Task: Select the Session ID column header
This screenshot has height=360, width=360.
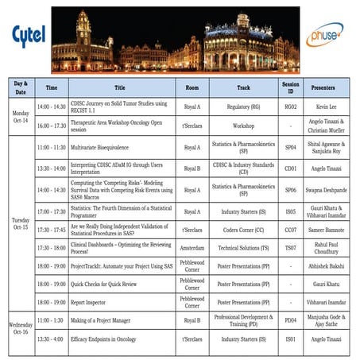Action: pyautogui.click(x=290, y=87)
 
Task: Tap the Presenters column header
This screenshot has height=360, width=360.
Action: pyautogui.click(x=326, y=87)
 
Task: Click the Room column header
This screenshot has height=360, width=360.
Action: pyautogui.click(x=192, y=87)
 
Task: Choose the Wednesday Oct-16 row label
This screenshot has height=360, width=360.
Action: pyautogui.click(x=19, y=328)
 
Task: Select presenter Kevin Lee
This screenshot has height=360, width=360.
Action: pyautogui.click(x=326, y=105)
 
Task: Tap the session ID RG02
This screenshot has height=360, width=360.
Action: pyautogui.click(x=290, y=105)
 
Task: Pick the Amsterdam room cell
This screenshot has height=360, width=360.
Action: pyautogui.click(x=192, y=249)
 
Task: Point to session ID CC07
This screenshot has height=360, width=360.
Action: pyautogui.click(x=290, y=229)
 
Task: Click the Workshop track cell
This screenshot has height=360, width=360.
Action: pyautogui.click(x=243, y=126)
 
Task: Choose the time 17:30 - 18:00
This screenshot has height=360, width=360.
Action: pyautogui.click(x=52, y=249)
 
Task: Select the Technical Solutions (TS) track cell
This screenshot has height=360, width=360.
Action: pyautogui.click(x=243, y=249)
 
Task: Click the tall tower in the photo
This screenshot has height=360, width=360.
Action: pyautogui.click(x=83, y=32)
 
